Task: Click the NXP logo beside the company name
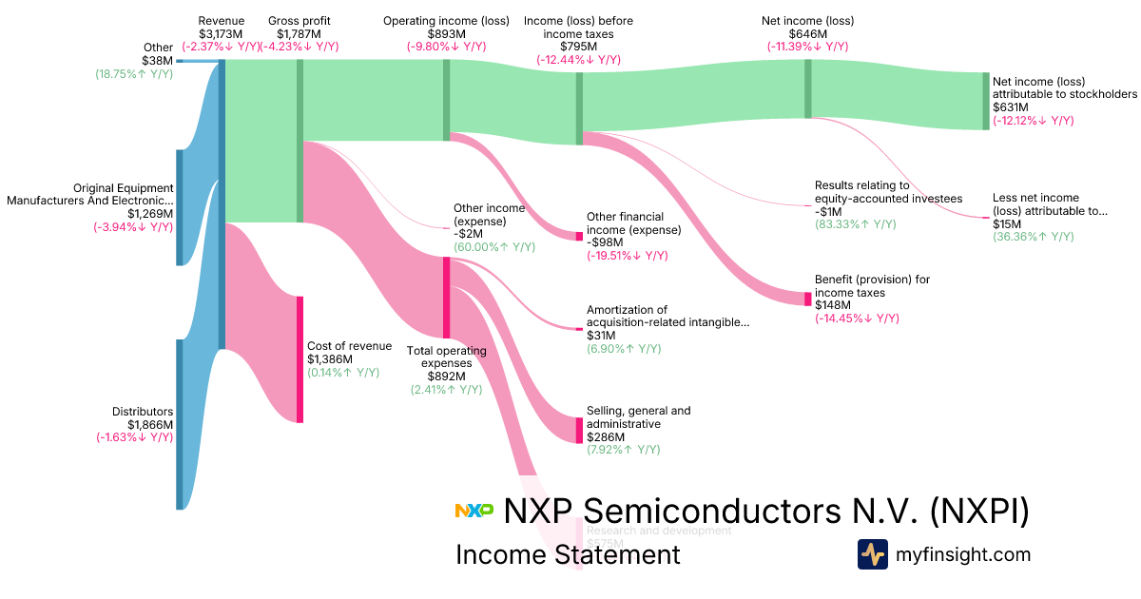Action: point(474,511)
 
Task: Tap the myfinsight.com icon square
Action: point(872,554)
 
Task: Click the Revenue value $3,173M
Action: point(221,34)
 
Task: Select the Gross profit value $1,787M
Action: point(300,34)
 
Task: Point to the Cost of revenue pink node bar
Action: point(300,358)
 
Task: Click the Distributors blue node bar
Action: point(179,424)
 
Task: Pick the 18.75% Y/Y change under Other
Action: point(134,73)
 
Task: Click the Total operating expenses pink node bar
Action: point(446,297)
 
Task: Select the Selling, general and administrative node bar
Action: point(579,430)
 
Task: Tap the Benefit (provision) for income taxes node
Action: point(808,299)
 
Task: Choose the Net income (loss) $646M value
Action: point(807,34)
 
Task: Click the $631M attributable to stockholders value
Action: point(1010,107)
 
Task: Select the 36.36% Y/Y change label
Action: point(1033,237)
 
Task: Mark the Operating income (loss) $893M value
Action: point(446,34)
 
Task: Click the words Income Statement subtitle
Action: point(568,554)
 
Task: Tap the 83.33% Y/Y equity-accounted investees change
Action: point(855,224)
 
